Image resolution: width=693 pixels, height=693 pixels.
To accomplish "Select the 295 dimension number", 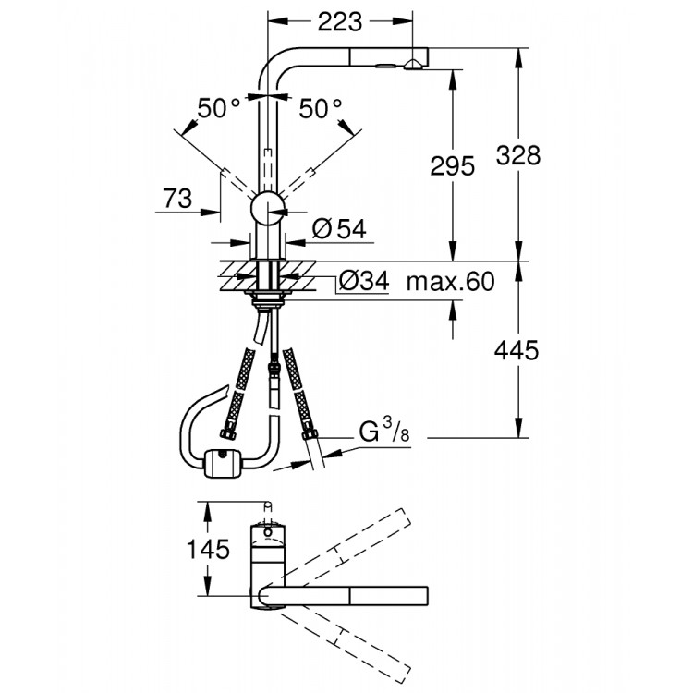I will coord(452,166).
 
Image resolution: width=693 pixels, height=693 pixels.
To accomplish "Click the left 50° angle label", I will coord(218,109).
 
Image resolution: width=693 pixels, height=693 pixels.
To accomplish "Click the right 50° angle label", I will coord(320,109).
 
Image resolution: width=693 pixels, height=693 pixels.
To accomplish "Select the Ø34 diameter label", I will coord(363,280).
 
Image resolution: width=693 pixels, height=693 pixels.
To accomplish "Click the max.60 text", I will coord(451,280).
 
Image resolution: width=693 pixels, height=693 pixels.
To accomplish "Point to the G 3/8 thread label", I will coord(378,432).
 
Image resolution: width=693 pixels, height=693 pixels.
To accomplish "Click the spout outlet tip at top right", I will coord(415,62).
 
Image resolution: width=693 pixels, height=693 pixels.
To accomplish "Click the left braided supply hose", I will coord(238,393).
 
